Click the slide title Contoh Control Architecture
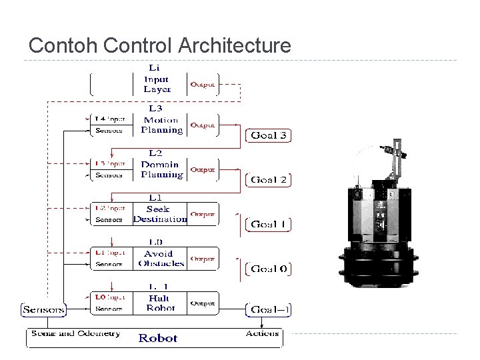pos(160,45)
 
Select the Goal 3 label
pos(269,135)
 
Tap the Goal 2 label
pos(269,179)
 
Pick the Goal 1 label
pos(269,225)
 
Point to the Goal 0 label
pos(269,269)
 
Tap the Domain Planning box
pos(161,169)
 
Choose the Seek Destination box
pos(160,214)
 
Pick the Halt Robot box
pos(160,303)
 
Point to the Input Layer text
pos(157,84)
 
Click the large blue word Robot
pos(158,338)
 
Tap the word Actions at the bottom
pos(262,333)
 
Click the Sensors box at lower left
pos(44,309)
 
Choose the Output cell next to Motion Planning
pos(203,125)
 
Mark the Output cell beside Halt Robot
pos(203,303)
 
